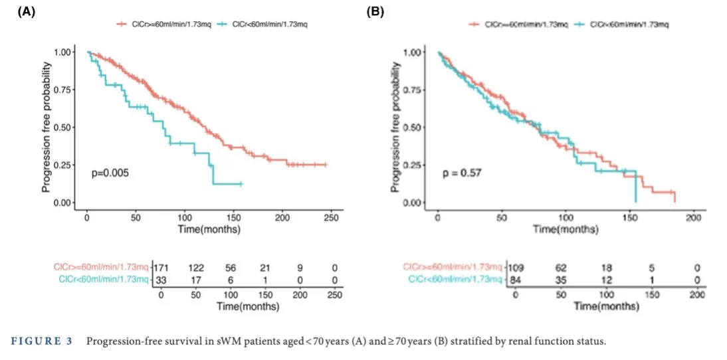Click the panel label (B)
pyautogui.click(x=375, y=11)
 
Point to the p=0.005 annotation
pyautogui.click(x=110, y=173)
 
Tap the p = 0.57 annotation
pyautogui.click(x=459, y=174)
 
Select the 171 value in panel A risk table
pyautogui.click(x=161, y=268)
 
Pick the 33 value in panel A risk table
pyautogui.click(x=161, y=279)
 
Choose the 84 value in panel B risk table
pyautogui.click(x=516, y=279)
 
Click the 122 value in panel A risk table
pyautogui.click(x=197, y=268)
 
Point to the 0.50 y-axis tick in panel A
pyautogui.click(x=64, y=127)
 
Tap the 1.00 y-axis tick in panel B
pyautogui.click(x=413, y=52)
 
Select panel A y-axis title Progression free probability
pyautogui.click(x=47, y=127)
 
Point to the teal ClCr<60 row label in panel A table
pyautogui.click(x=103, y=279)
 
